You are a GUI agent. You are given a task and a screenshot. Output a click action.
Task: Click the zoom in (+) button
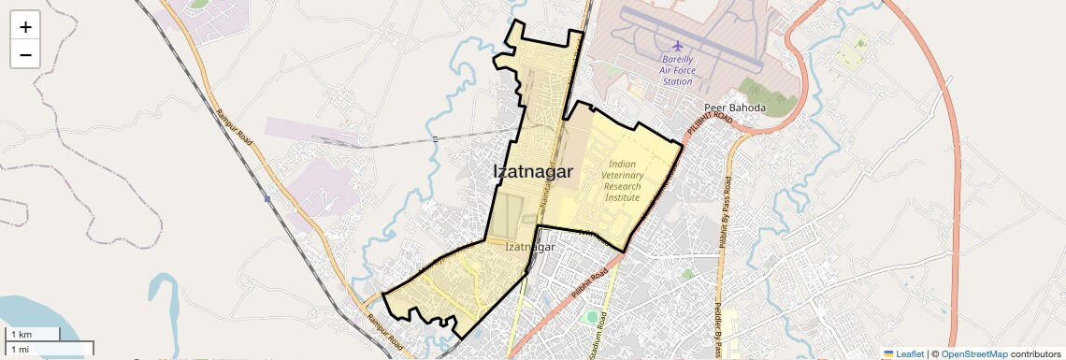[x=25, y=27]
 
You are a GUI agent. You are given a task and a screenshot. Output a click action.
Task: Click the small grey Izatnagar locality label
[x=529, y=247]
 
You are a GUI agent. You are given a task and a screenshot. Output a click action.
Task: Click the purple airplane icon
[x=678, y=46]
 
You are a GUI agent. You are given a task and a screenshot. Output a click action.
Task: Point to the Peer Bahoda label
[x=734, y=108]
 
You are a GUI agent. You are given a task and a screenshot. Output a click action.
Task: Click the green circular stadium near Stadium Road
[x=591, y=318]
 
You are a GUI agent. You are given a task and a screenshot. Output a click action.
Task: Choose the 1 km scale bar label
[x=22, y=335]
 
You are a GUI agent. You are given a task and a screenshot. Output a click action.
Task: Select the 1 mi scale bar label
[x=21, y=349]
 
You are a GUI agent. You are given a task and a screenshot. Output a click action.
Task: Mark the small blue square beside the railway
[x=267, y=198]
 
